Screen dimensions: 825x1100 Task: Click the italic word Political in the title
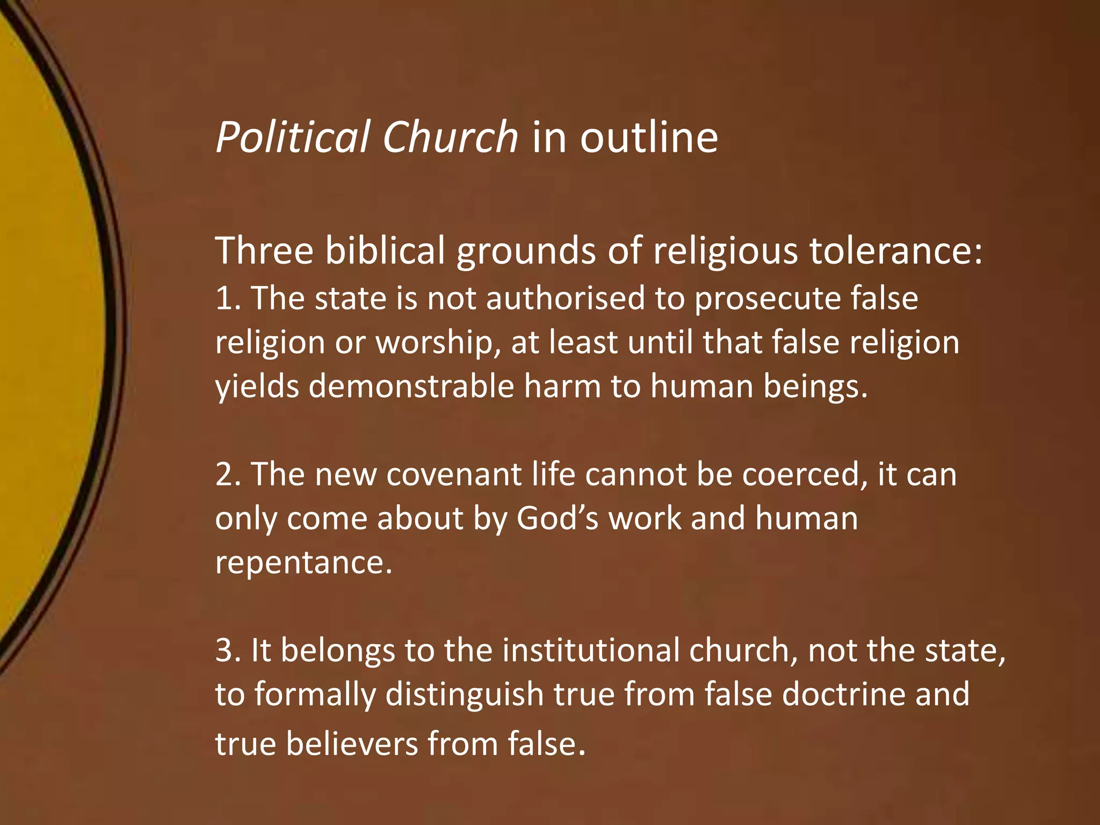tap(293, 137)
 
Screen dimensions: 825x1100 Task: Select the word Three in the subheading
tap(264, 250)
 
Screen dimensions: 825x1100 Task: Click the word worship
tap(434, 343)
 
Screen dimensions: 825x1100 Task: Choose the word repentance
tap(303, 562)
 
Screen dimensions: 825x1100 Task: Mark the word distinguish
tap(465, 694)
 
